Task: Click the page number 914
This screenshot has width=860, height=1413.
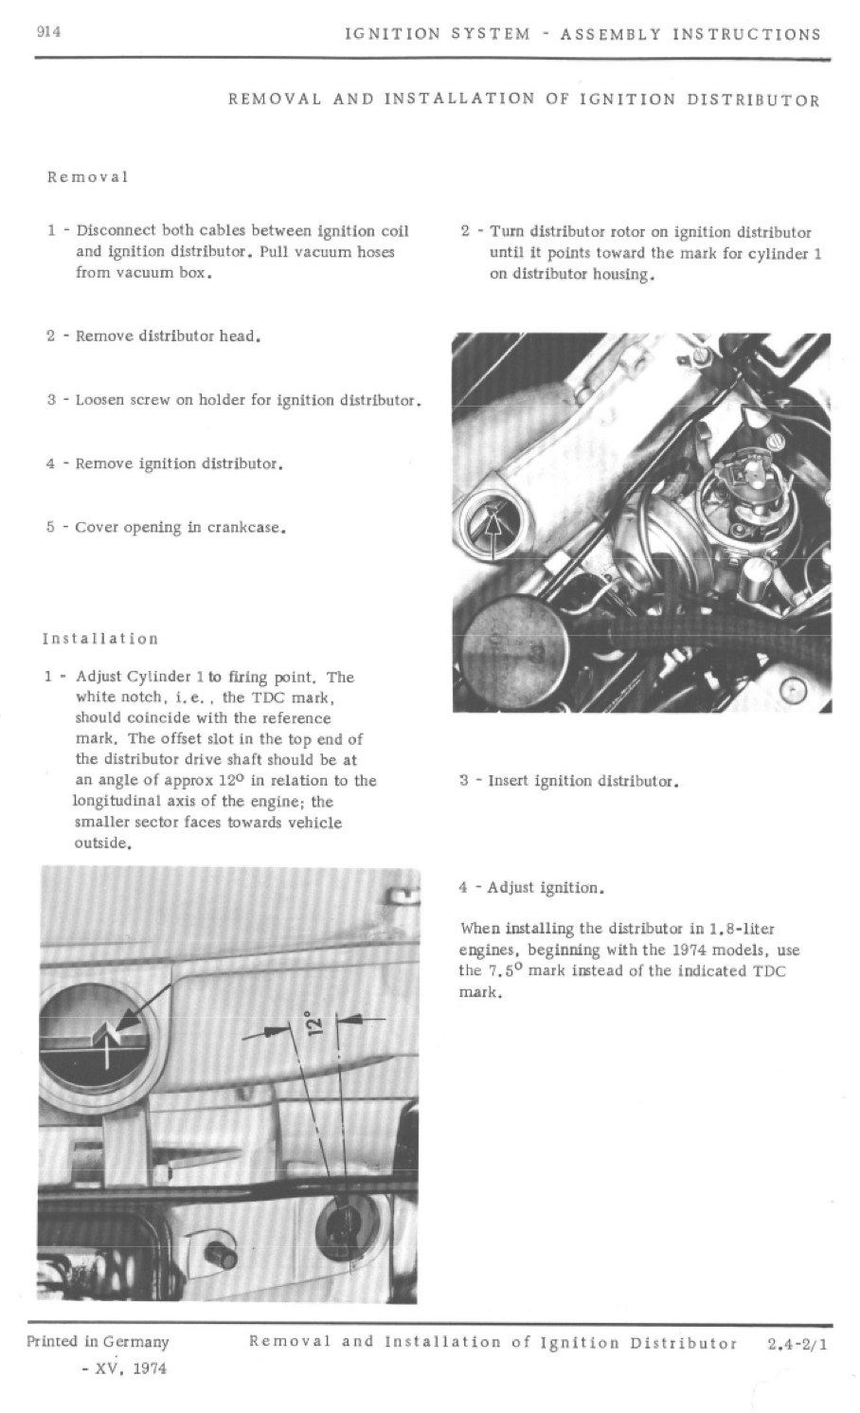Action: pyautogui.click(x=48, y=32)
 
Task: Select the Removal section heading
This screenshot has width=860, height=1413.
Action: pyautogui.click(x=87, y=177)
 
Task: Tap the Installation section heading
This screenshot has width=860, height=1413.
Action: pyautogui.click(x=100, y=639)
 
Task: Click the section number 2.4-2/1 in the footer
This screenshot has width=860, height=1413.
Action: pyautogui.click(x=797, y=1343)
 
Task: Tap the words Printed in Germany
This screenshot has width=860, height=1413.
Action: pyautogui.click(x=98, y=1342)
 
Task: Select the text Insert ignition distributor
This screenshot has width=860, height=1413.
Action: pyautogui.click(x=582, y=782)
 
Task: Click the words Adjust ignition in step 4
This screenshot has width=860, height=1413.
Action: pyautogui.click(x=546, y=888)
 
